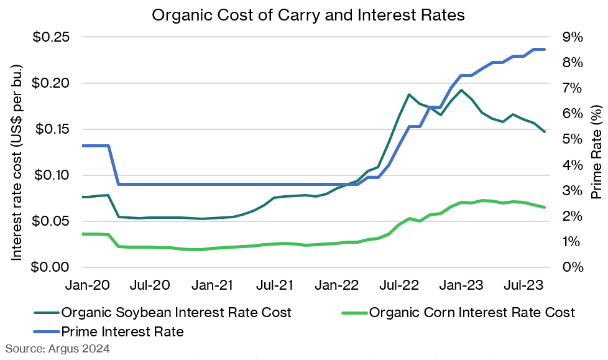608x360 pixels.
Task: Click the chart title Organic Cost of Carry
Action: [308, 16]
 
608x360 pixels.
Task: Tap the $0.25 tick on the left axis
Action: [50, 37]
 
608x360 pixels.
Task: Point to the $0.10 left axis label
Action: [50, 175]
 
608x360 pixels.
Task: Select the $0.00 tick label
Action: [50, 267]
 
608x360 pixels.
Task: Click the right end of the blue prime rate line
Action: [545, 49]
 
